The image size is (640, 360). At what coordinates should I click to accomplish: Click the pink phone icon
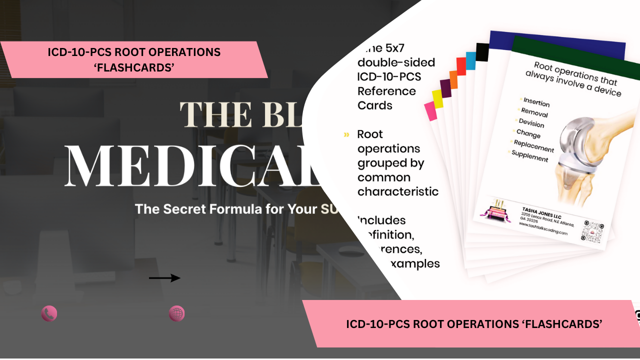[x=49, y=314]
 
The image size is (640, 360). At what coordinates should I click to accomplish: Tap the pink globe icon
[x=177, y=314]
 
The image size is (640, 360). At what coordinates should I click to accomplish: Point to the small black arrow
[x=164, y=278]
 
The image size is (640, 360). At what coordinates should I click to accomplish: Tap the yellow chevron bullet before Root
[x=346, y=135]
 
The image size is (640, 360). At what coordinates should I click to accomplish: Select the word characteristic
[x=398, y=191]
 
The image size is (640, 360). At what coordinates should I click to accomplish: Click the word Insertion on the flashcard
[x=536, y=102]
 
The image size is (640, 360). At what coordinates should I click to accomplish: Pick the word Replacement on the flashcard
[x=533, y=146]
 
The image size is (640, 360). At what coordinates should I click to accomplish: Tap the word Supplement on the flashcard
[x=530, y=156]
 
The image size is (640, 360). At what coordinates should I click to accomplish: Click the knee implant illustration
[x=590, y=155]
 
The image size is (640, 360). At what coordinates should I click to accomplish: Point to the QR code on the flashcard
[x=593, y=231]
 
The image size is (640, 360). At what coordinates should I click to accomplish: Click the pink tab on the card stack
[x=430, y=110]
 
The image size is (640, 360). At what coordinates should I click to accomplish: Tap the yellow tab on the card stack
[x=437, y=98]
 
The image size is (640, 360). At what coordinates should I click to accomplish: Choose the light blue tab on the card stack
[x=470, y=60]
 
